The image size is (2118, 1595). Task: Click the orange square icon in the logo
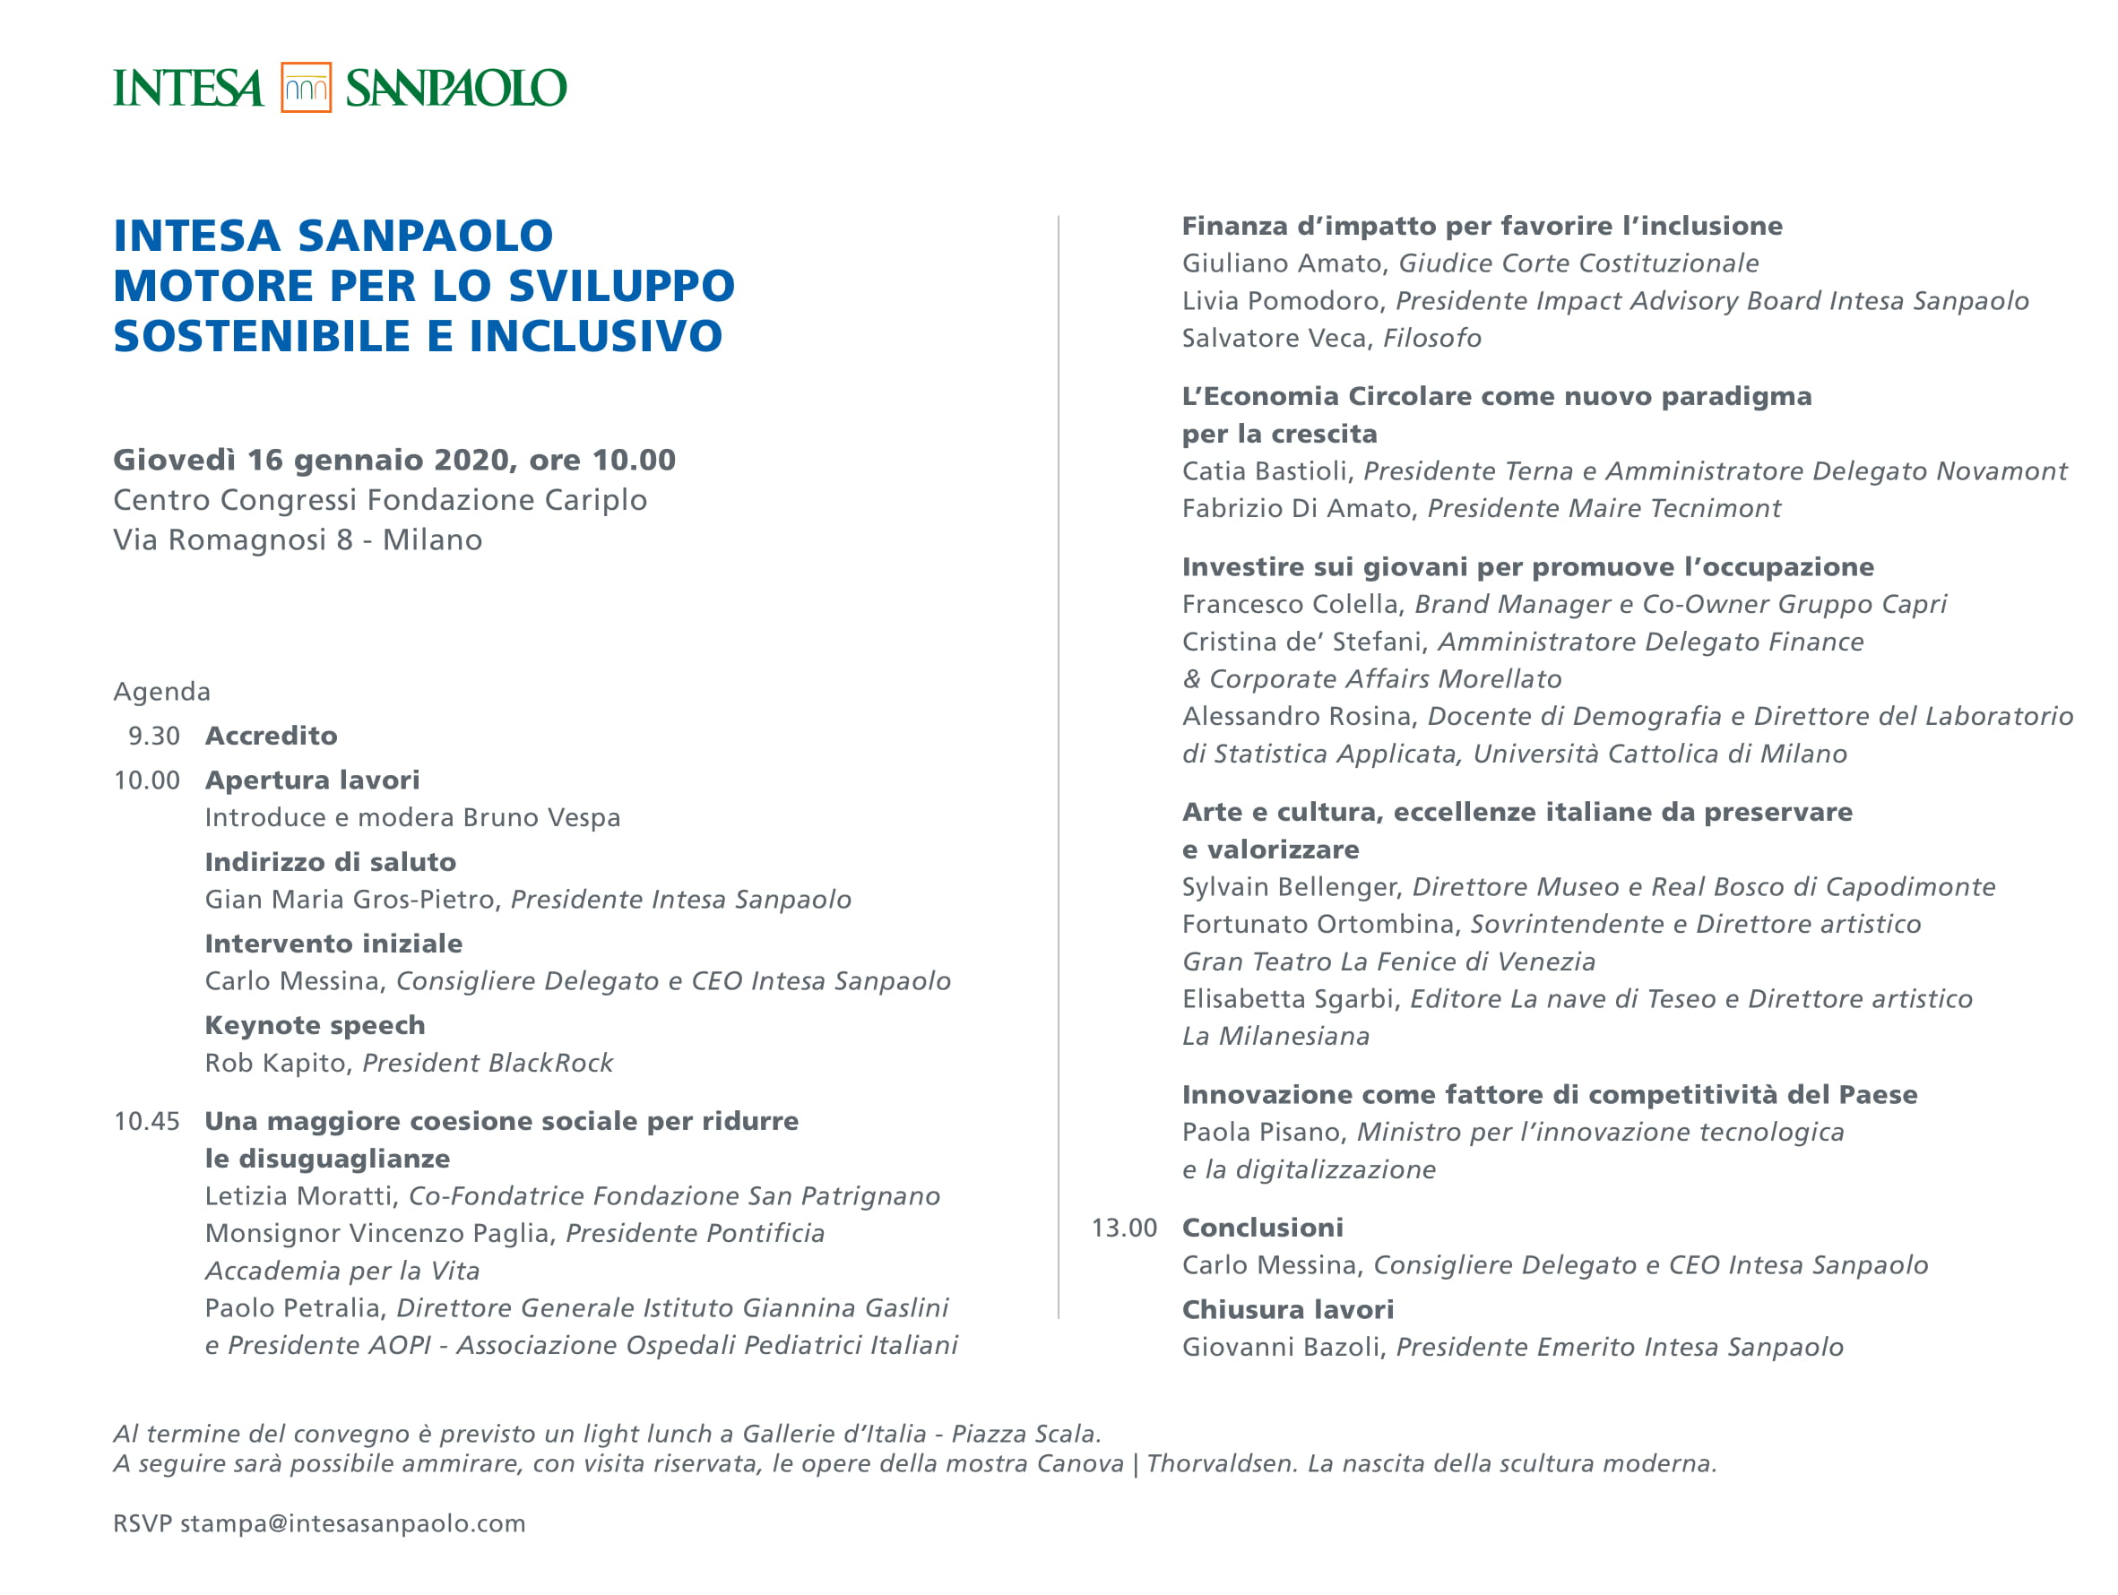tap(306, 87)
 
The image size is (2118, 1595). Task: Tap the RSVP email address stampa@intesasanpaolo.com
tap(352, 1523)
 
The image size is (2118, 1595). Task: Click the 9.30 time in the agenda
tap(154, 737)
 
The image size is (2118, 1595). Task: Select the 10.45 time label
tap(146, 1121)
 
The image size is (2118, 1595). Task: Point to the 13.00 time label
tap(1124, 1229)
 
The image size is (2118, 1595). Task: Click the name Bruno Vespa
tap(541, 817)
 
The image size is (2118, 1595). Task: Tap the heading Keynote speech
tap(315, 1025)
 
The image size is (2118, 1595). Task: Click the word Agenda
tap(162, 692)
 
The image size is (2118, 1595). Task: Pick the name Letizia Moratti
tap(299, 1195)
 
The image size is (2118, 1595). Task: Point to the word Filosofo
tap(1431, 338)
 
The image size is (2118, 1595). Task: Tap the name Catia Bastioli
tap(1264, 471)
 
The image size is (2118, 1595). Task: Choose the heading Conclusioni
tap(1262, 1229)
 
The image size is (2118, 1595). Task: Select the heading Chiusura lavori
tap(1288, 1310)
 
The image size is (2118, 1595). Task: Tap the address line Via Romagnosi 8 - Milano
tap(298, 540)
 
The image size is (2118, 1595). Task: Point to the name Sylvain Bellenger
tap(1289, 887)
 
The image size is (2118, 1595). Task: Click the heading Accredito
tap(271, 737)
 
